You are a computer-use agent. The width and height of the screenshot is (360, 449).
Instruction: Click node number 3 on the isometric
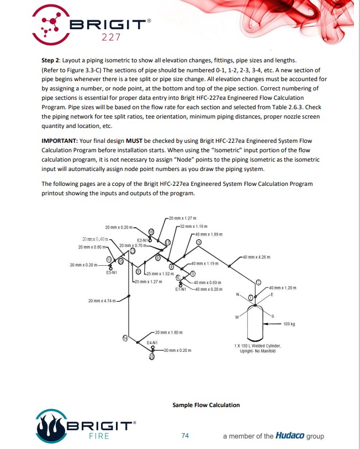click(x=199, y=243)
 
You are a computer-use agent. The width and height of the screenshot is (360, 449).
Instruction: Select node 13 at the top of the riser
click(x=133, y=251)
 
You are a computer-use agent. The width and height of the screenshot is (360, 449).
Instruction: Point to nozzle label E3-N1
click(x=110, y=272)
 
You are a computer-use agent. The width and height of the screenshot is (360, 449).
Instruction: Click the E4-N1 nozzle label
click(x=152, y=343)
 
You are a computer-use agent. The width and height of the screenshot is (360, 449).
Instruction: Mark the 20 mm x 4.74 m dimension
click(x=101, y=301)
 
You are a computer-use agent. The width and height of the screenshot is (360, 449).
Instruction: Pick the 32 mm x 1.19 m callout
click(x=193, y=227)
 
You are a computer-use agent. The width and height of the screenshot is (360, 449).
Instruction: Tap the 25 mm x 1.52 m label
click(x=161, y=274)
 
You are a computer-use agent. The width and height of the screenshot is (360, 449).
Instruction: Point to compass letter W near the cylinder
click(x=236, y=317)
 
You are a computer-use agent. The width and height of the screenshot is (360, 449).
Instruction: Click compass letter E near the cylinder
click(x=272, y=295)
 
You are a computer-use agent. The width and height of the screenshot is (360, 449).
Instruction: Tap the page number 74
click(x=186, y=436)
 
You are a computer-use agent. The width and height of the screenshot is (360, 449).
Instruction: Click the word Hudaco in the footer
click(x=292, y=436)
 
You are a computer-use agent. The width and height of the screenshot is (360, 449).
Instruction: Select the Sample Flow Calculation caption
click(x=206, y=405)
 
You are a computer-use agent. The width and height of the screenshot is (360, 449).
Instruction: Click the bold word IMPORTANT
click(x=60, y=141)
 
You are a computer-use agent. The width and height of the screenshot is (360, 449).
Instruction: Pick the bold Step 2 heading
click(x=52, y=60)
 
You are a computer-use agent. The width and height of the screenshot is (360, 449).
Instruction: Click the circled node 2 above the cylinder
click(x=258, y=282)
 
